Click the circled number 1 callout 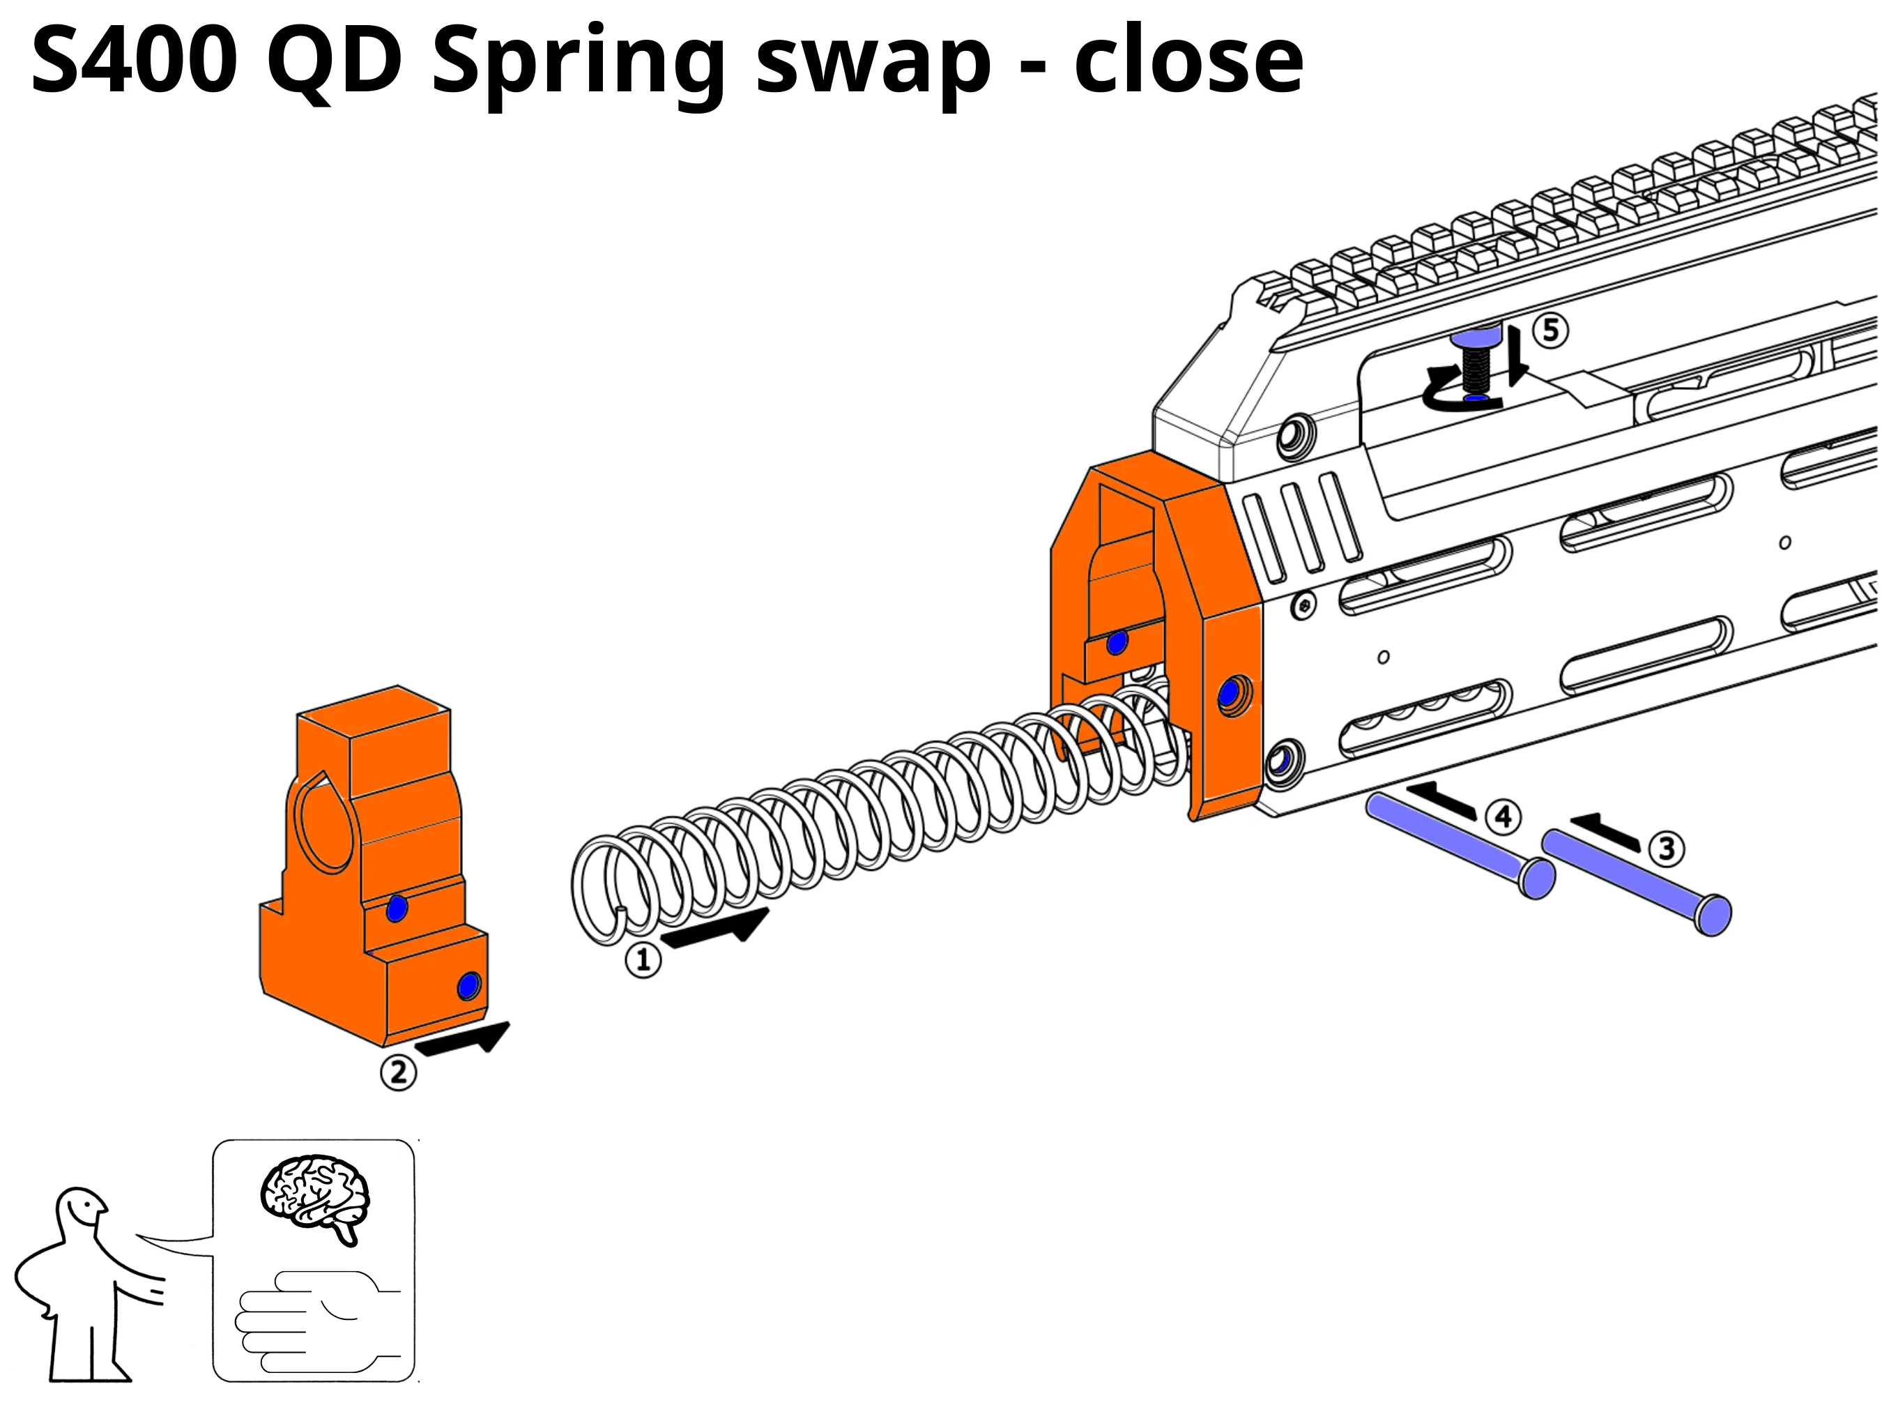(643, 961)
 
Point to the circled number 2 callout (398, 1072)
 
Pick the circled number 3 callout (1666, 849)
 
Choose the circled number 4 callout (1504, 817)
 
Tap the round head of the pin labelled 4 (1536, 879)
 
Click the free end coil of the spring (604, 890)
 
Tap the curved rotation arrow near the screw (1457, 390)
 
